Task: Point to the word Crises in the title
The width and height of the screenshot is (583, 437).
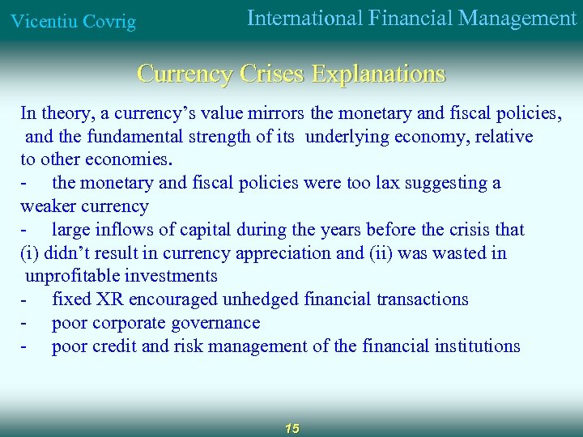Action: coord(274,74)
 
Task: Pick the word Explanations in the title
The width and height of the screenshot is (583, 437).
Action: coord(378,74)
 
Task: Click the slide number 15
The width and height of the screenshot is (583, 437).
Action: coord(291,428)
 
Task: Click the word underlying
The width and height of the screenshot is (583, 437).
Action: coord(347,136)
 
